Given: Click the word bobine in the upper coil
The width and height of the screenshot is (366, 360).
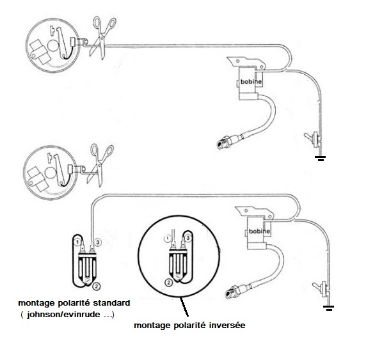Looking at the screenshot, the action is click(251, 82).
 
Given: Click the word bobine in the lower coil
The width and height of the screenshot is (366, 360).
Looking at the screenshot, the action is click(259, 231).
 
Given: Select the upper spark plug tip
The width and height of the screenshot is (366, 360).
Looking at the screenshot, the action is click(221, 144).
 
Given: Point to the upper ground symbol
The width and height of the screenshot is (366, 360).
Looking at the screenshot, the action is click(320, 159).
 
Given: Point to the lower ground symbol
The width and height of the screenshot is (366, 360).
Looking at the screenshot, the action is click(329, 308).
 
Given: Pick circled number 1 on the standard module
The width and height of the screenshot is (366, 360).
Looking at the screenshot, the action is click(77, 242).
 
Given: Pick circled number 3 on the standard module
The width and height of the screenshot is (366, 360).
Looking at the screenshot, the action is click(98, 242).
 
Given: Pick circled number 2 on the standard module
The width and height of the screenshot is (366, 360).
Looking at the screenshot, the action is click(97, 286).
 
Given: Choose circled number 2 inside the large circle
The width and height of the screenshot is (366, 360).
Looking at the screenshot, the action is click(169, 283).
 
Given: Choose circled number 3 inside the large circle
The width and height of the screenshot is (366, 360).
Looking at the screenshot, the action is click(188, 239).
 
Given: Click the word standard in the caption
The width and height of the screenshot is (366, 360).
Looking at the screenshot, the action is click(111, 303).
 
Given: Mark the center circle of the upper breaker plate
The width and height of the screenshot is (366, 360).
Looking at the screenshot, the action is click(52, 45).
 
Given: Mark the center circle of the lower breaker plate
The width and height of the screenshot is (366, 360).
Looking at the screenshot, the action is click(51, 173).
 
